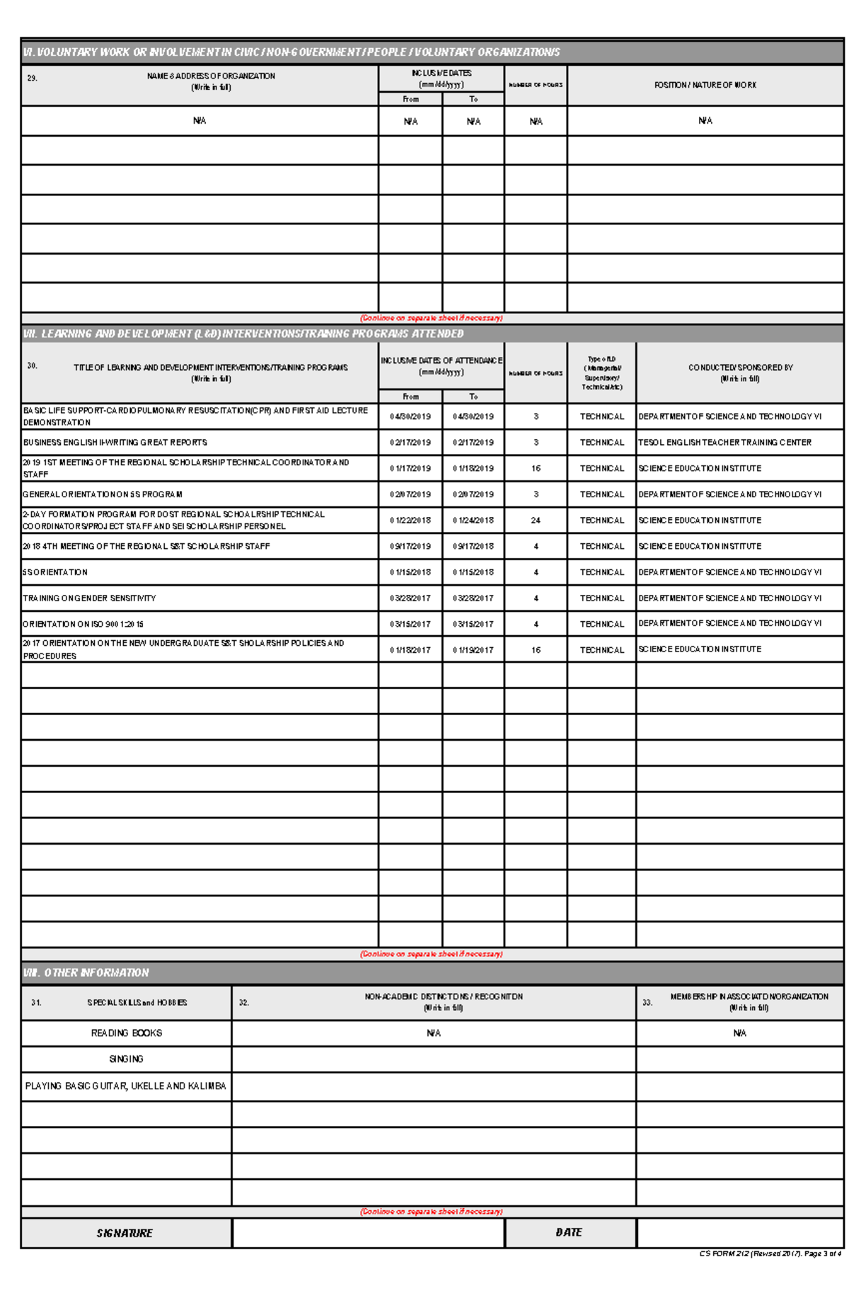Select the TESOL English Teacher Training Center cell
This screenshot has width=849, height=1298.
coord(724,442)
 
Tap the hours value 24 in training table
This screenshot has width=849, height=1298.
coord(536,521)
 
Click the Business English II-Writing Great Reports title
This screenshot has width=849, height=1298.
coord(115,442)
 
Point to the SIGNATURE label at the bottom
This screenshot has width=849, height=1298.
coord(125,1233)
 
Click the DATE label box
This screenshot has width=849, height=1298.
coord(569,1232)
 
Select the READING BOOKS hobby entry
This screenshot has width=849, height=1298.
coord(127,1033)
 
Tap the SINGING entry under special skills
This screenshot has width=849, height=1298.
coord(127,1059)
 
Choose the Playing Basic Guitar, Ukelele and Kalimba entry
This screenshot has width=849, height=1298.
coord(126,1086)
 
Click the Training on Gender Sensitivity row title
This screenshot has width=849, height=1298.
coord(90,598)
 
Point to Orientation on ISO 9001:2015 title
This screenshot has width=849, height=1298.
coord(83,624)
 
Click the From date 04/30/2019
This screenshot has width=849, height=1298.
coord(410,417)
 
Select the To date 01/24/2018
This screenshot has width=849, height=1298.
coord(473,521)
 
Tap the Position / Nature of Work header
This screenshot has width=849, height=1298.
coord(705,85)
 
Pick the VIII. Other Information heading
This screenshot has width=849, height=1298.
coord(86,973)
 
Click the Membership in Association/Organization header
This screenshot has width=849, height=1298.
coord(749,1002)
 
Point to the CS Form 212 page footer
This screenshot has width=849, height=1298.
coord(770,1253)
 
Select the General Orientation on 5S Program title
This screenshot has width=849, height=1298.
coord(103,494)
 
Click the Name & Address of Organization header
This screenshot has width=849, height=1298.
coord(211,81)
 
